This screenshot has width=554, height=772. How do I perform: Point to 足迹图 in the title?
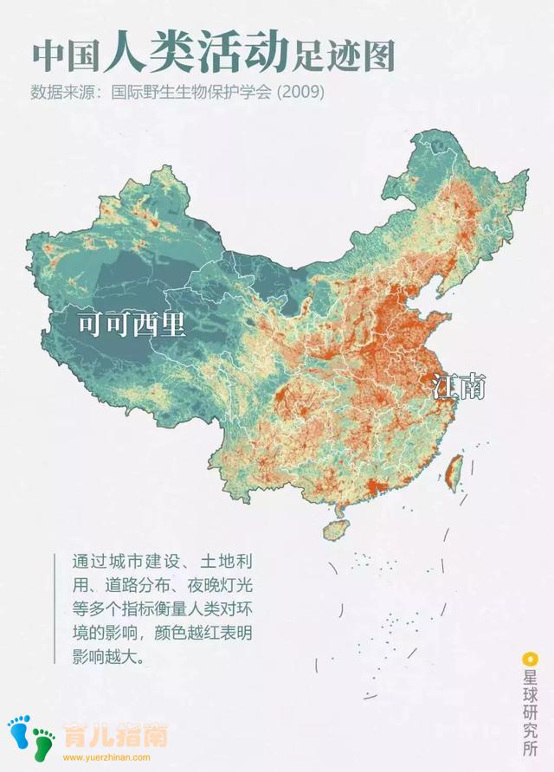coord(343,56)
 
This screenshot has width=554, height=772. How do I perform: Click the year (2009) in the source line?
coord(300,91)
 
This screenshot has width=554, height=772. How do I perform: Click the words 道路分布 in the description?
coord(138,585)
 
